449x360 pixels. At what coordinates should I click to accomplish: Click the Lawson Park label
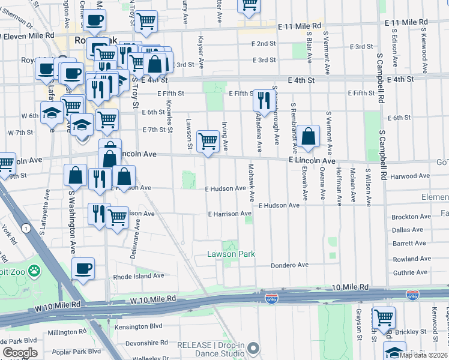tap(231, 254)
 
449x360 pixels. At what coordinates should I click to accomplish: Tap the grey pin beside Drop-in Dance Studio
tap(254, 348)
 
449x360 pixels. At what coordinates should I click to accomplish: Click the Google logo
tap(20, 353)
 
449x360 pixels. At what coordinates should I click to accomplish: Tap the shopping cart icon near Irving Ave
tap(208, 142)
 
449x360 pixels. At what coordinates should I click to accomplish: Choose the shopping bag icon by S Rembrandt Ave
tap(307, 136)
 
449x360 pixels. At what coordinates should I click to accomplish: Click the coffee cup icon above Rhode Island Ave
tap(83, 268)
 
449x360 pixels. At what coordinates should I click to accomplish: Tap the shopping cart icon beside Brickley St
tap(383, 316)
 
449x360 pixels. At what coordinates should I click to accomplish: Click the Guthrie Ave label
tap(410, 272)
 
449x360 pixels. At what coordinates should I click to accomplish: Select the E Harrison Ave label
tap(229, 214)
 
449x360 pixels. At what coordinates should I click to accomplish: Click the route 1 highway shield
tap(25, 228)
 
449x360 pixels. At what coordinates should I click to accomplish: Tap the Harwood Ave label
tap(410, 176)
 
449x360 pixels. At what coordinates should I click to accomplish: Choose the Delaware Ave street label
tap(135, 239)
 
